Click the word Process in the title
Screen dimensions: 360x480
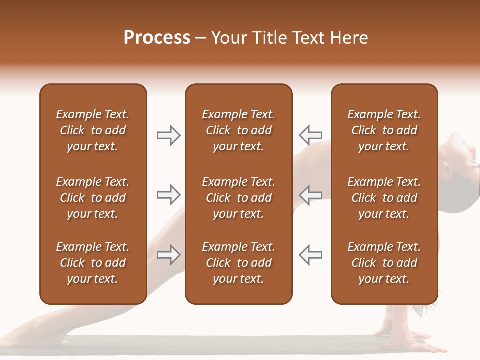[157, 38]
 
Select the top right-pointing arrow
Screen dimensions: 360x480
[168, 135]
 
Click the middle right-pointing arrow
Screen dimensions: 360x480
[168, 195]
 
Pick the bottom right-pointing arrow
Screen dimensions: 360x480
[168, 255]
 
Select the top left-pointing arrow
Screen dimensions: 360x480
[310, 135]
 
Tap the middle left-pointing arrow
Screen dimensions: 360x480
[310, 195]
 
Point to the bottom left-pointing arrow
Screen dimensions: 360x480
[310, 255]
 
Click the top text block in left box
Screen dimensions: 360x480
[93, 130]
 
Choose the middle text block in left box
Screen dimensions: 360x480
[93, 198]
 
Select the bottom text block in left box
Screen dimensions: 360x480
[93, 263]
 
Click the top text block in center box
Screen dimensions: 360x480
[238, 130]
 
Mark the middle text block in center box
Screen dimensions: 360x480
[238, 198]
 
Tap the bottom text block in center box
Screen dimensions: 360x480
[238, 263]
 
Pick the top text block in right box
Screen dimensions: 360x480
[384, 130]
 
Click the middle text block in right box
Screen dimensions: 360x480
[384, 198]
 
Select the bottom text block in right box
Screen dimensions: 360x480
[384, 263]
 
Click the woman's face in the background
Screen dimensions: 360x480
[462, 152]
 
